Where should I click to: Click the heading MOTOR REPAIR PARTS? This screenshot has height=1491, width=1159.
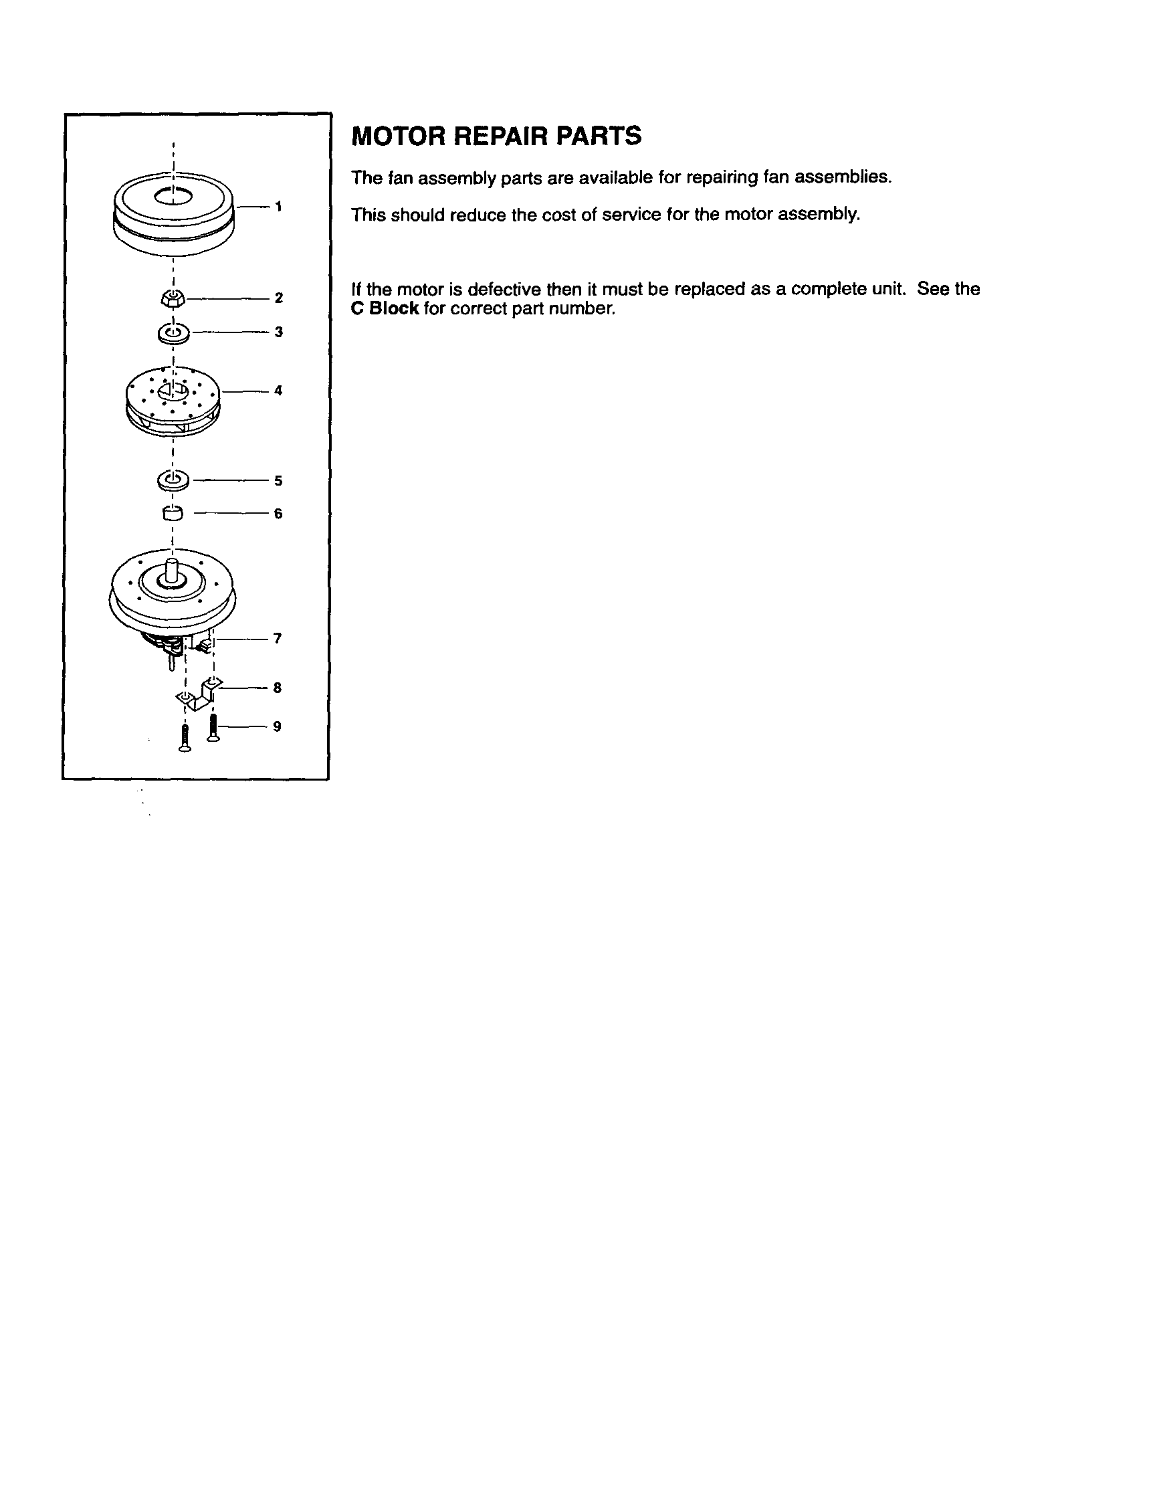[496, 136]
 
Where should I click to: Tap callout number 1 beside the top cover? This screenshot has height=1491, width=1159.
[278, 206]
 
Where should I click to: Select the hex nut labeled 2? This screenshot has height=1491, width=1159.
[173, 298]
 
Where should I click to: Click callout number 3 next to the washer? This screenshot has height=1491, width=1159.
[278, 332]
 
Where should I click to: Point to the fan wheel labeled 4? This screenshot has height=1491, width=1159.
[173, 399]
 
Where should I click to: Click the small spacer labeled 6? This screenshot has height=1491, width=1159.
[173, 512]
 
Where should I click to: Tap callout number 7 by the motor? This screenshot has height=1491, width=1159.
[278, 638]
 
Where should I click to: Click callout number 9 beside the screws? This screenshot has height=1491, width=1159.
[277, 726]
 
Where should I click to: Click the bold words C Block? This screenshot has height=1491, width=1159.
[385, 308]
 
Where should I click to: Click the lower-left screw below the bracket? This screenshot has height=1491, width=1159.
[184, 739]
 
